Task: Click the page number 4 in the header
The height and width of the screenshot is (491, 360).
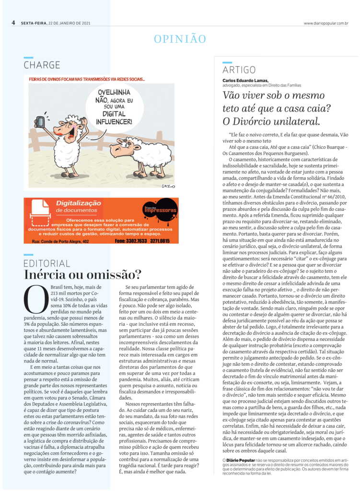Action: [14, 23]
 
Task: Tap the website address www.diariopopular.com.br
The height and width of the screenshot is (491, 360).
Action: [325, 23]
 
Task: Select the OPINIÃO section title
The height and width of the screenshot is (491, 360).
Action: [180, 39]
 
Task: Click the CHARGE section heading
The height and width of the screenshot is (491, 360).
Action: [42, 65]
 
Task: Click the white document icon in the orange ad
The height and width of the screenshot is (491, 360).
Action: [40, 211]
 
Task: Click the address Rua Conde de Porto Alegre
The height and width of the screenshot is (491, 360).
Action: [60, 241]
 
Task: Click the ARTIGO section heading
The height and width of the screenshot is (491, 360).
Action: [239, 70]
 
